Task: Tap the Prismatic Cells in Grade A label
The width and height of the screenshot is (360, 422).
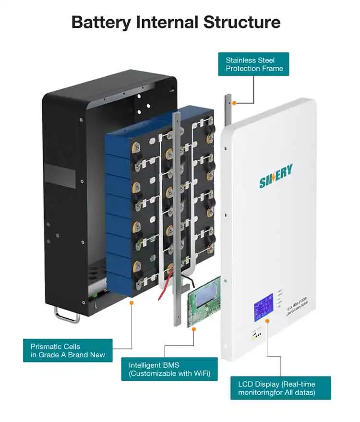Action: (x=68, y=350)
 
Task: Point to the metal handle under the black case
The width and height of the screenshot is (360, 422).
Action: (x=67, y=315)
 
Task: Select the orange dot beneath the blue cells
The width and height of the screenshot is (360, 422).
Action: (x=132, y=303)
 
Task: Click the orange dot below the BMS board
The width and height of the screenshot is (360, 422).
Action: (x=194, y=329)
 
